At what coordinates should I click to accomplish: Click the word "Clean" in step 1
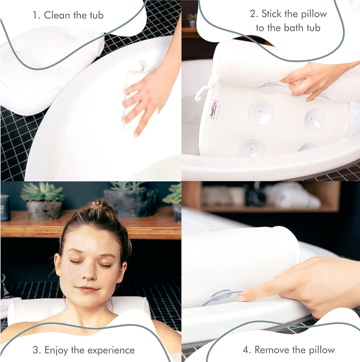(x=57, y=15)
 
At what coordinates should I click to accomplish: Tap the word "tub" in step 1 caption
(x=97, y=15)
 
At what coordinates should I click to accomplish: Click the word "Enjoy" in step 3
(x=57, y=350)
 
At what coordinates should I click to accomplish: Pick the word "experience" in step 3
(x=111, y=350)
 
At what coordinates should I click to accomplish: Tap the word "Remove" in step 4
(x=272, y=350)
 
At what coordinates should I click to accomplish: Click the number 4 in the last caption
(x=245, y=350)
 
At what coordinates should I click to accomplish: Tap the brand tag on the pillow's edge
(x=213, y=109)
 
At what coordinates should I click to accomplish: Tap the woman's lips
(x=87, y=289)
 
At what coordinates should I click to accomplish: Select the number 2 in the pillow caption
(x=254, y=14)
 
